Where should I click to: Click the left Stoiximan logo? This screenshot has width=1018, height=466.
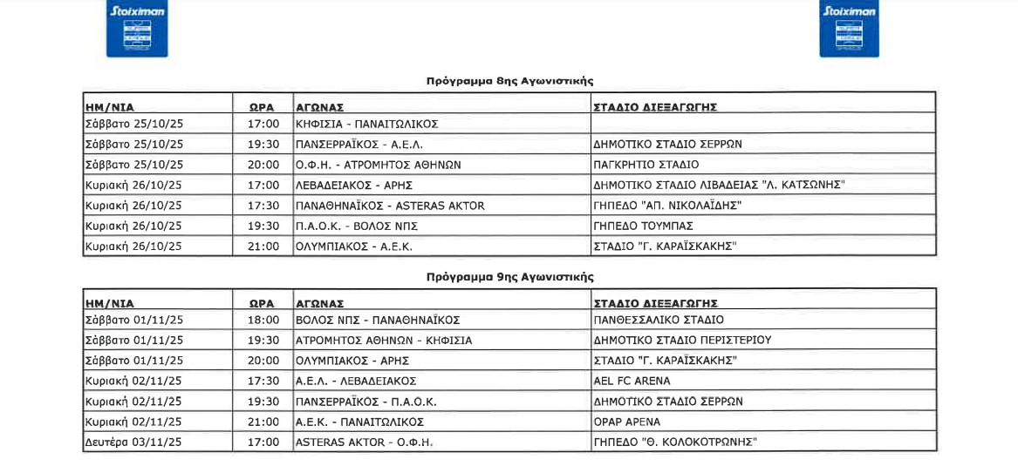137,30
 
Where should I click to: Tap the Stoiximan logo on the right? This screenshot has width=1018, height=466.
849,30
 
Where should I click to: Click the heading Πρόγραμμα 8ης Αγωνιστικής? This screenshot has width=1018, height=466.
509,81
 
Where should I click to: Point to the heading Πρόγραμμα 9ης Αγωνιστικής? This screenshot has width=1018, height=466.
509,277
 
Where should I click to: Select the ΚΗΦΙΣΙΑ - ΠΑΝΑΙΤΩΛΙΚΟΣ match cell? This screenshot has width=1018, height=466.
366,124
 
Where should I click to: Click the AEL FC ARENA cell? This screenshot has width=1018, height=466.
632,381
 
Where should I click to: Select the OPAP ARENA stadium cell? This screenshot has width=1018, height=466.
626,422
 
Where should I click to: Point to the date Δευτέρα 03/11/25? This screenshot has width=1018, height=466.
133,442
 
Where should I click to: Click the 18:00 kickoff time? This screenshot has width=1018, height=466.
263,320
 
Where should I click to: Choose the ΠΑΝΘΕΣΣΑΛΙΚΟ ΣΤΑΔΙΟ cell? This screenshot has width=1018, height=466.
658,320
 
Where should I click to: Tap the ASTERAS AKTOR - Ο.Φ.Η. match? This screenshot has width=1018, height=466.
364,442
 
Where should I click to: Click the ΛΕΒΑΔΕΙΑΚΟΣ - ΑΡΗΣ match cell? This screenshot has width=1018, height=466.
353,186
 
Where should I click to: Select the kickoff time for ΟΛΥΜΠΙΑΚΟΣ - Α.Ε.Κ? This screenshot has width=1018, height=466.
263,247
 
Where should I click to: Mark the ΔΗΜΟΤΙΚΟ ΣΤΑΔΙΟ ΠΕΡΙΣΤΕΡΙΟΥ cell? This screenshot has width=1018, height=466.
682,341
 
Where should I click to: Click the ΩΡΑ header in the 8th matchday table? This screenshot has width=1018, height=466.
262,107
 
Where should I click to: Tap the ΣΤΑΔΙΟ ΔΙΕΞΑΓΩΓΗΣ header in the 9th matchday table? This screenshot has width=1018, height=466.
655,304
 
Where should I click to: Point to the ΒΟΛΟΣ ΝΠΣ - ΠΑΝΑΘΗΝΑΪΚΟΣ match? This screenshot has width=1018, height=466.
378,320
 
